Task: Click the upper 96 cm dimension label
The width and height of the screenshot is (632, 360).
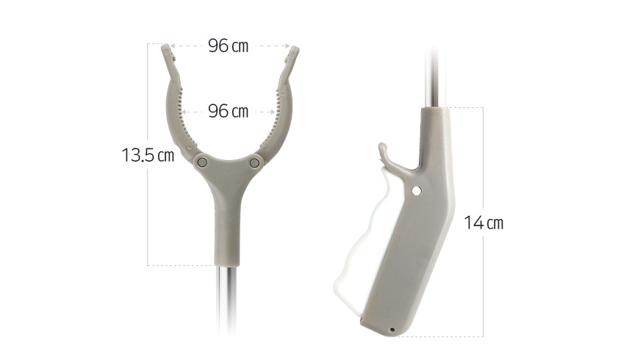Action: pyautogui.click(x=228, y=46)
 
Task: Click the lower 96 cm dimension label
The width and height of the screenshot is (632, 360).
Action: pyautogui.click(x=228, y=111)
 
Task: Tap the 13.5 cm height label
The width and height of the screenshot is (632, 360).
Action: pyautogui.click(x=148, y=155)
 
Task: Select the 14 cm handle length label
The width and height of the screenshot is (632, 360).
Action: pyautogui.click(x=484, y=223)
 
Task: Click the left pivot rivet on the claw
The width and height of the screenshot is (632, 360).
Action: pyautogui.click(x=202, y=162)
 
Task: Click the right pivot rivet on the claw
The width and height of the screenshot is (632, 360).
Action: pyautogui.click(x=254, y=163)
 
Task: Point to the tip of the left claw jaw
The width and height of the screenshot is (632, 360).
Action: pyautogui.click(x=165, y=46)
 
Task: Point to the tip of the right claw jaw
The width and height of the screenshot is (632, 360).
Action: pyautogui.click(x=295, y=48)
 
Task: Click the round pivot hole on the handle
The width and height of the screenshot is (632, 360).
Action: pyautogui.click(x=417, y=191)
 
